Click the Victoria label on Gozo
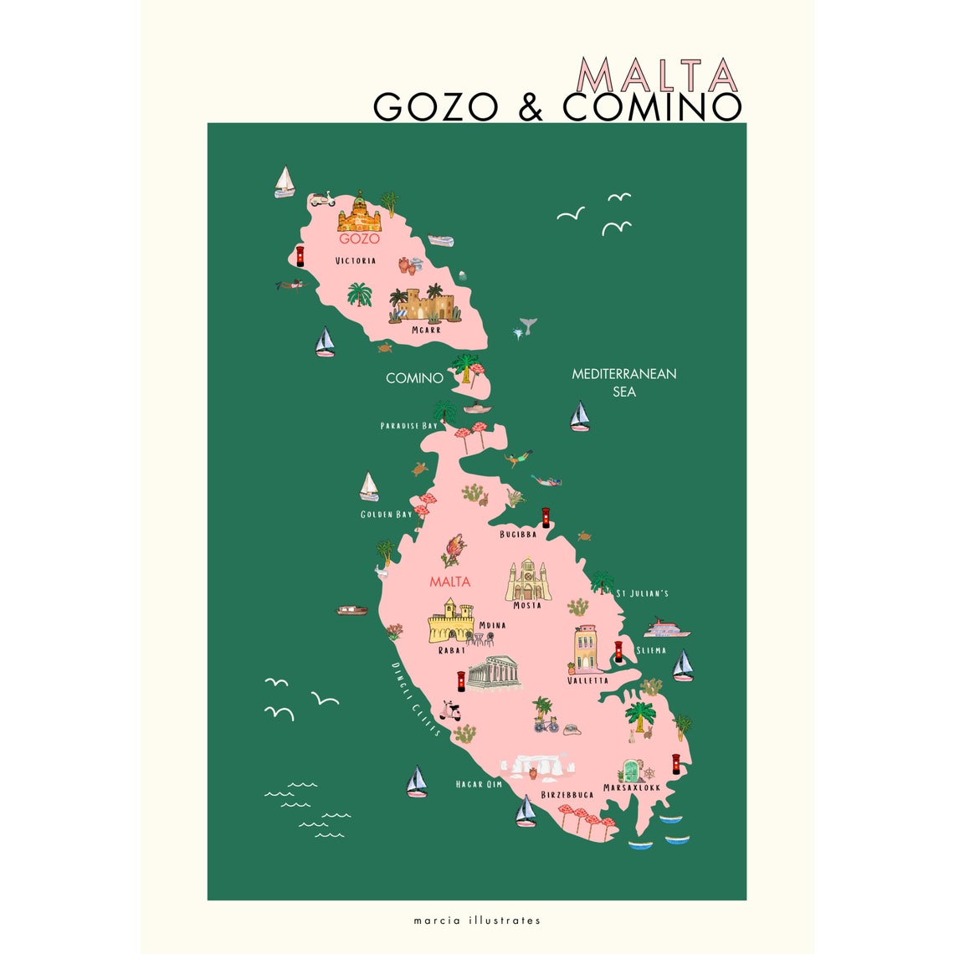pyautogui.click(x=355, y=261)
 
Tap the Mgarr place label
pyautogui.click(x=426, y=330)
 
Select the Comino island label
pyautogui.click(x=414, y=378)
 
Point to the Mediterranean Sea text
pyautogui.click(x=624, y=382)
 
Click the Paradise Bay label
pyautogui.click(x=408, y=426)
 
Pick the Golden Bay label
pyautogui.click(x=387, y=514)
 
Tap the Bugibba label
pyautogui.click(x=518, y=534)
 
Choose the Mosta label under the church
pyautogui.click(x=527, y=605)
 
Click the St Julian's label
pyautogui.click(x=643, y=594)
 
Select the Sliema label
pyautogui.click(x=651, y=650)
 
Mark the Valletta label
pyautogui.click(x=587, y=680)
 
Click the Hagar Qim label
pyautogui.click(x=479, y=784)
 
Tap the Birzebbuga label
pyautogui.click(x=567, y=794)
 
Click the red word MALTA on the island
pyautogui.click(x=449, y=582)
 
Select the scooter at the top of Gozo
pyautogui.click(x=322, y=199)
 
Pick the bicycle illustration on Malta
pyautogui.click(x=546, y=724)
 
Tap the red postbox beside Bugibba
pyautogui.click(x=546, y=517)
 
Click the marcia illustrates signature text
pyautogui.click(x=477, y=921)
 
